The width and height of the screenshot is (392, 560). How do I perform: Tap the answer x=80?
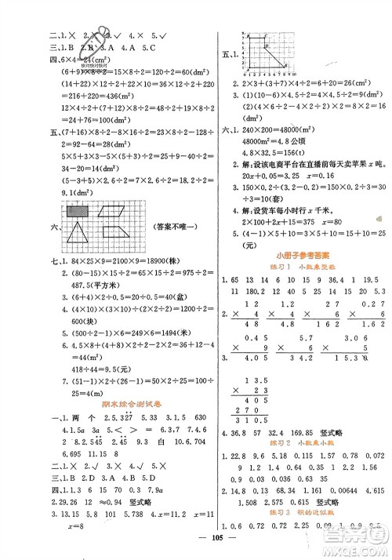pos(332,221)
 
